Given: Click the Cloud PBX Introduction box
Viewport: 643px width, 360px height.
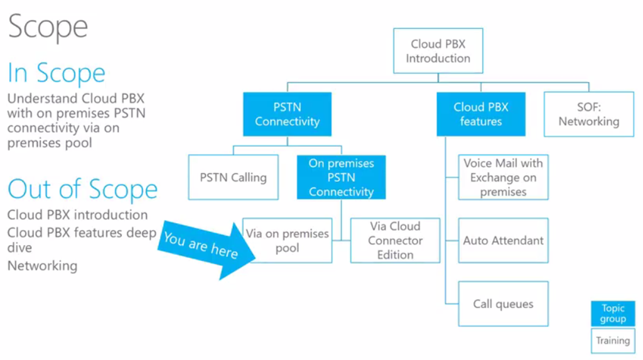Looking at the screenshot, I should click(438, 51).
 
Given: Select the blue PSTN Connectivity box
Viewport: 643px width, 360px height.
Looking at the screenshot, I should click(287, 114).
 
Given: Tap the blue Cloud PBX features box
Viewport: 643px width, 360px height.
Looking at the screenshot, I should click(480, 114).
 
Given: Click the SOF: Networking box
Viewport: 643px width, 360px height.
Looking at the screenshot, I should click(588, 114).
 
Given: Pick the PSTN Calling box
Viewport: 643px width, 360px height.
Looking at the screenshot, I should click(233, 178).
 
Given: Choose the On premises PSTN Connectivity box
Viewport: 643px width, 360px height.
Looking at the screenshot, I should click(341, 178).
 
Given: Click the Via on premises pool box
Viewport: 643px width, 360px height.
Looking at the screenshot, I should click(288, 241).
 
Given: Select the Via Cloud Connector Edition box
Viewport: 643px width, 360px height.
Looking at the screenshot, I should click(395, 241).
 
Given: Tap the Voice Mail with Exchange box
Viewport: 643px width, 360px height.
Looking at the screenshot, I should click(503, 177).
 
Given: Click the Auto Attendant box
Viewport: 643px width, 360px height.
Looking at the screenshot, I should click(503, 241).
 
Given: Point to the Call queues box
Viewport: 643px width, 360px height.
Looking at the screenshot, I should click(503, 304).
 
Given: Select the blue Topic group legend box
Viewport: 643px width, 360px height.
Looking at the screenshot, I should click(613, 314).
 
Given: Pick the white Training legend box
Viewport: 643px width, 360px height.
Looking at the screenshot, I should click(613, 341).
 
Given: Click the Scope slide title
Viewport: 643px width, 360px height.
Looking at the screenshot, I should click(48, 26).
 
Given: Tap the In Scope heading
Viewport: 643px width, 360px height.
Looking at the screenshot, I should click(57, 73).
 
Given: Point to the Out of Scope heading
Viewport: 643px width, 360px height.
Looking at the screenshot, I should click(82, 189).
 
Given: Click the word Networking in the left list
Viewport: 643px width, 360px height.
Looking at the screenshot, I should click(42, 266).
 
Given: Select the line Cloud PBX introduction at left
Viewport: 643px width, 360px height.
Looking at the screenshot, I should click(77, 215).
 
